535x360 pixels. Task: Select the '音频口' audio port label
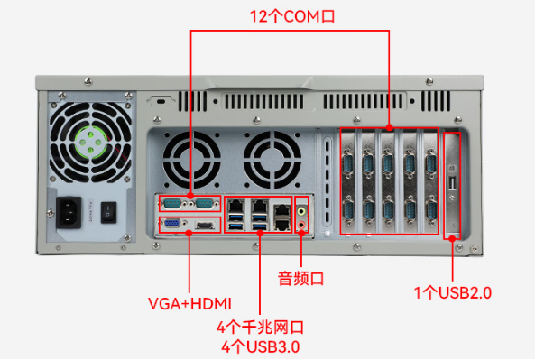(300, 278)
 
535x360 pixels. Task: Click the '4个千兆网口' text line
(260, 327)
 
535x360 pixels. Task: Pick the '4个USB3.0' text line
(260, 346)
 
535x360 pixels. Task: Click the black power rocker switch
(111, 213)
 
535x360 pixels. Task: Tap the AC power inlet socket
(70, 214)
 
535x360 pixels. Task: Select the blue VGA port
(171, 224)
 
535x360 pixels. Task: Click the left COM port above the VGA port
(172, 203)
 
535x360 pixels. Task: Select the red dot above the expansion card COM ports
(389, 128)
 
